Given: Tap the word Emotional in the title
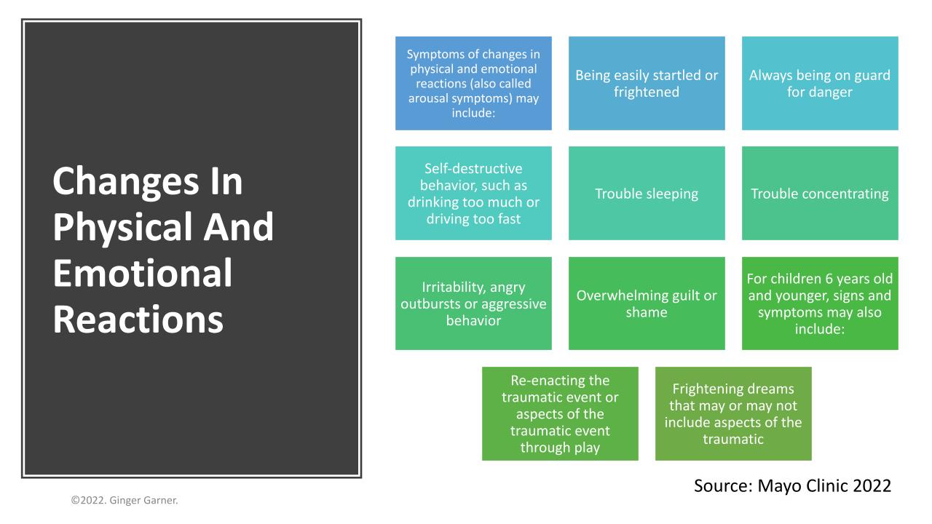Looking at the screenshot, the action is tap(142, 273).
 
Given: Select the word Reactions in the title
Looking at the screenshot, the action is tap(138, 319).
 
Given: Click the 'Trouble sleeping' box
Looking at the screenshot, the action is tap(647, 193).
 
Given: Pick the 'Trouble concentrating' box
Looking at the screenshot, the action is tap(820, 193).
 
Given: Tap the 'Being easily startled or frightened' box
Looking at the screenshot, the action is tap(647, 83).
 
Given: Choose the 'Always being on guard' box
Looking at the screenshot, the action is tap(820, 83).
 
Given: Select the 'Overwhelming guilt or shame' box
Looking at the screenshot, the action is tap(647, 303).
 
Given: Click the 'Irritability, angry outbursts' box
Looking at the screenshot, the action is tap(473, 303).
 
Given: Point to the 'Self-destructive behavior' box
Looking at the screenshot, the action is tap(473, 193).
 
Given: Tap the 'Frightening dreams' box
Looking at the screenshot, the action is tap(733, 413).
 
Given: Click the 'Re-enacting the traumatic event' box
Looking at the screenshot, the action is tap(560, 413).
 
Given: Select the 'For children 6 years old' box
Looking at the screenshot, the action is tap(820, 303).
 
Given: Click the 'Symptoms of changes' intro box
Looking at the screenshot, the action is tap(473, 83).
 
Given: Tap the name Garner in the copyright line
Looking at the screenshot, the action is tap(161, 500).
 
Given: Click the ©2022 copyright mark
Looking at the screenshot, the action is tap(88, 500).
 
